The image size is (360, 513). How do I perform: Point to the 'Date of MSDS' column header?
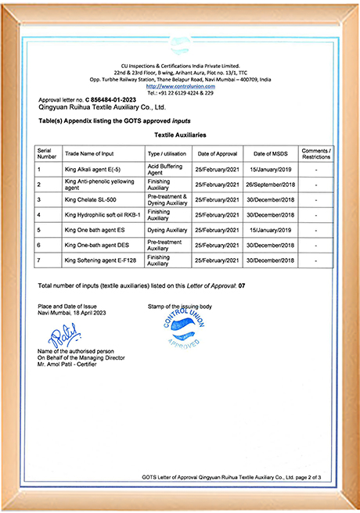[x=270, y=153]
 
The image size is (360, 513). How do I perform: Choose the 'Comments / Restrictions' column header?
[x=316, y=153]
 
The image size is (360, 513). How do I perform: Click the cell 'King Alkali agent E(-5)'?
[x=96, y=168]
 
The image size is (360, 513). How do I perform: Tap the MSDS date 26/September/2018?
[x=270, y=184]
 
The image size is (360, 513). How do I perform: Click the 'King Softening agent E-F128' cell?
[x=103, y=260]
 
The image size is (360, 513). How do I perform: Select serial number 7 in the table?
[x=39, y=260]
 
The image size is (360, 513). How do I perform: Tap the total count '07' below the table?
[x=243, y=286]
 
